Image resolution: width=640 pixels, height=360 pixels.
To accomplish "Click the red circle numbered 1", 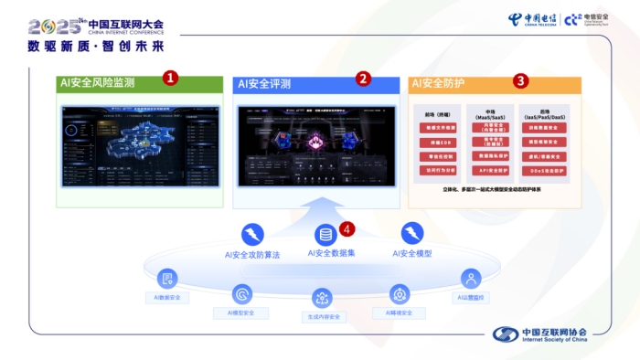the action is pyautogui.click(x=170, y=79).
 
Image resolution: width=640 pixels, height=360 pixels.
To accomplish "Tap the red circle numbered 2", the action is pyautogui.click(x=363, y=79).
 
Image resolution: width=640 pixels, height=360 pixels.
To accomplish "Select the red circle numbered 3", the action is pyautogui.click(x=520, y=80).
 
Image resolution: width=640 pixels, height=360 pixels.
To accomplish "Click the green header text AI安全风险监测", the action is pyautogui.click(x=98, y=83).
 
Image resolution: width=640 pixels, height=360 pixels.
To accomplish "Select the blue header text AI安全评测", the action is pyautogui.click(x=264, y=84).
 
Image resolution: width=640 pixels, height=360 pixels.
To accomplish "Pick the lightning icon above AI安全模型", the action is pyautogui.click(x=412, y=233).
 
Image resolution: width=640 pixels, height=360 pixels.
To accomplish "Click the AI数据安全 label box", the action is pyautogui.click(x=167, y=298).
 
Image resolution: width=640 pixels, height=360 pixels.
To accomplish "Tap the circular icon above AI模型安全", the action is pyautogui.click(x=242, y=294).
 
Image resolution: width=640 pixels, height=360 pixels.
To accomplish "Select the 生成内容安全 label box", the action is pyautogui.click(x=321, y=317).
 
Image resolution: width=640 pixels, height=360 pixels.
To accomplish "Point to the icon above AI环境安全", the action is pyautogui.click(x=399, y=294).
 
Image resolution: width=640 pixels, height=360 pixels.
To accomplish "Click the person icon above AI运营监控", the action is pyautogui.click(x=471, y=279).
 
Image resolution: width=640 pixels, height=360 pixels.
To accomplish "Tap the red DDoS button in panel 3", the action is pyautogui.click(x=548, y=169).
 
